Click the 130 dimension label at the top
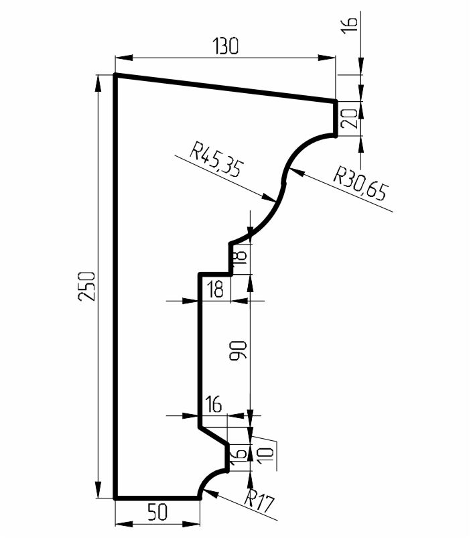225,46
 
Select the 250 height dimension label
86,286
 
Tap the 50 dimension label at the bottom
157,512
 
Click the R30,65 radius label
361,182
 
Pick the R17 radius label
260,501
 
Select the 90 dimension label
238,350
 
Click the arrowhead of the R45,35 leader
269,198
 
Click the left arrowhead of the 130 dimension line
123,58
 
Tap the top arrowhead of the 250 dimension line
98,83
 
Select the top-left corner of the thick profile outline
115,75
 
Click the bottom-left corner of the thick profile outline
115,498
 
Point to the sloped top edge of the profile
225,88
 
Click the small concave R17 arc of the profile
210,480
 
